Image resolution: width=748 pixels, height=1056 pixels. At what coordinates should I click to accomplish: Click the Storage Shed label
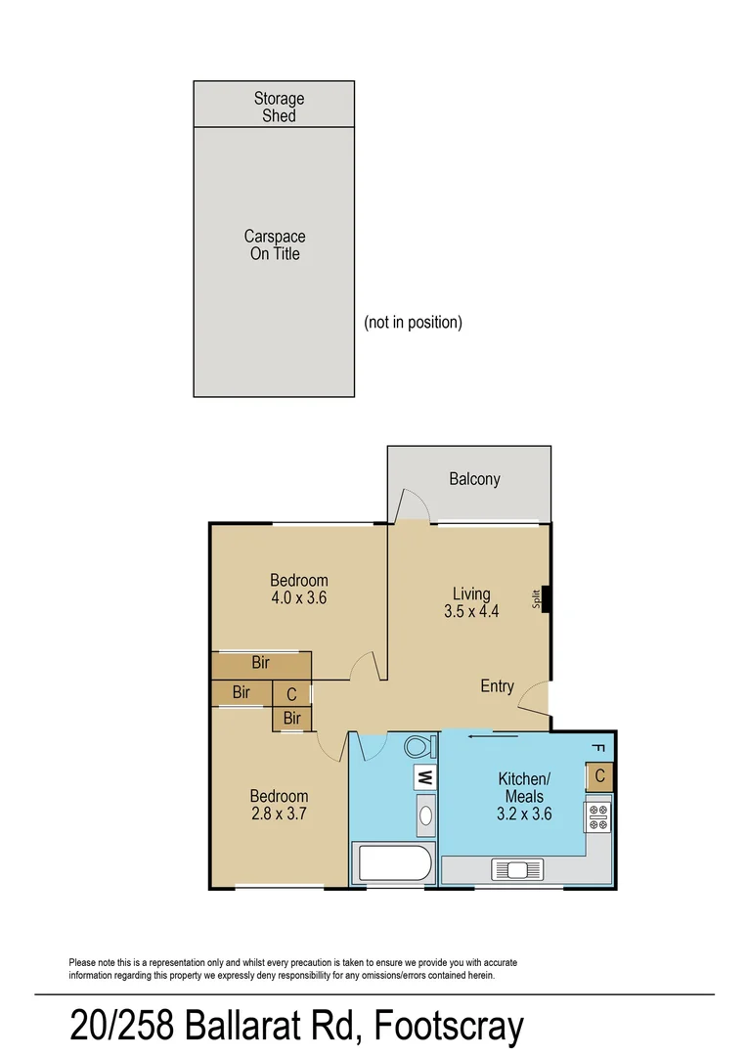[x=279, y=107]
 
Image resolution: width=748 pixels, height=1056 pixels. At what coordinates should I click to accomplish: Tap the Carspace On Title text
[x=274, y=245]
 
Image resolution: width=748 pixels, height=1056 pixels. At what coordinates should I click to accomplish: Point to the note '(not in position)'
[x=413, y=323]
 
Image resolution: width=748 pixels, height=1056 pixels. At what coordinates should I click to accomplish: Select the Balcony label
[x=474, y=479]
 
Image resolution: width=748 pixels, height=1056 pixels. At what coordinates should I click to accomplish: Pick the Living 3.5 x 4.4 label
[x=470, y=603]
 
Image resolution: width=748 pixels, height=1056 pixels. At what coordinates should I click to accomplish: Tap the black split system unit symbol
[x=546, y=597]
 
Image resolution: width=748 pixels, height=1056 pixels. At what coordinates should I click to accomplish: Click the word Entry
[x=497, y=686]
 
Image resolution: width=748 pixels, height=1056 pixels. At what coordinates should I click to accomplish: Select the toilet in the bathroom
[x=418, y=747]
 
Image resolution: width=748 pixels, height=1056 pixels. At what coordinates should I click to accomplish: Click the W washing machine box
[x=425, y=778]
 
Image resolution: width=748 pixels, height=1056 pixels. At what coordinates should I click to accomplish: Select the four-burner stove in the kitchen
[x=598, y=814]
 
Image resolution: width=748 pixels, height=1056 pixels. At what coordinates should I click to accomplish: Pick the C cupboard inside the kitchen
[x=599, y=777]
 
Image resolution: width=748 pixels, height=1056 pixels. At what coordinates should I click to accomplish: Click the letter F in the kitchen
[x=598, y=749]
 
